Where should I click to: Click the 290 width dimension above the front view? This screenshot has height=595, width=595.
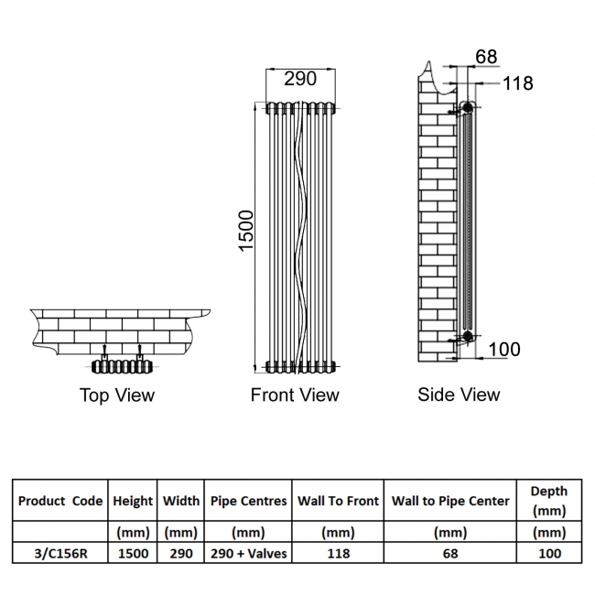click(x=299, y=79)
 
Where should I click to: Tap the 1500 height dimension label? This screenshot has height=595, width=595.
click(x=246, y=233)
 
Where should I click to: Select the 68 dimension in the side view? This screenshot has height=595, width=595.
click(x=486, y=57)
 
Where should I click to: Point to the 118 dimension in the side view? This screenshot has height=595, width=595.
click(x=517, y=83)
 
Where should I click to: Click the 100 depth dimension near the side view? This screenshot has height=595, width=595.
click(x=503, y=349)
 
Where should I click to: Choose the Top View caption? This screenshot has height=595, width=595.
click(x=117, y=395)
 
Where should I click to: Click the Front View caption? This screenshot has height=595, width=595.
click(x=295, y=395)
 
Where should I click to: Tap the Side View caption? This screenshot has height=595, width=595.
click(x=459, y=395)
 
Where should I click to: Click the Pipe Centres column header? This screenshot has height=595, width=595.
click(x=248, y=501)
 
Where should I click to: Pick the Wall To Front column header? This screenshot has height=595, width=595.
click(x=338, y=501)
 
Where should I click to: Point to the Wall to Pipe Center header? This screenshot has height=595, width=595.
click(x=450, y=501)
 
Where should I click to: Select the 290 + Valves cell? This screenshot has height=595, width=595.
click(x=248, y=553)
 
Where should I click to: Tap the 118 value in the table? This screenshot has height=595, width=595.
click(x=338, y=553)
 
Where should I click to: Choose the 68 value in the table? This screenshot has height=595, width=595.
click(x=450, y=553)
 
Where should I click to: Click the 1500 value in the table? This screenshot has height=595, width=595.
click(x=133, y=553)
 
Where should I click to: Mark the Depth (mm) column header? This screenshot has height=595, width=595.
click(x=548, y=501)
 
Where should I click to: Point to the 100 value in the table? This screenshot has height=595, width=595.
click(x=548, y=553)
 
